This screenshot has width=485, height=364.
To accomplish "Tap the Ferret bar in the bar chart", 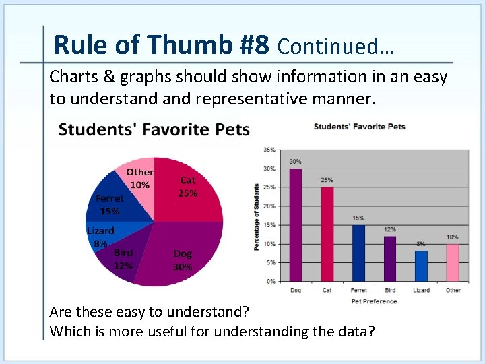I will [358, 253].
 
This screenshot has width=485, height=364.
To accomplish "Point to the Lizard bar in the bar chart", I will [421, 266].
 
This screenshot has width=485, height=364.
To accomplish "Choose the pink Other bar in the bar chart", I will [453, 262].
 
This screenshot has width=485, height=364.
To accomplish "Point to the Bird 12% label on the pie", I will [123, 259].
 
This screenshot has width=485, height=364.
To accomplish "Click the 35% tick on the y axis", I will [269, 150].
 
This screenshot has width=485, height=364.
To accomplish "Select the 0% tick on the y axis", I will [270, 281].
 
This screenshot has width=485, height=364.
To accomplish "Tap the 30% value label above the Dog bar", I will [296, 162].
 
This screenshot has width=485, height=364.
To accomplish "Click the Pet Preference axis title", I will [374, 301].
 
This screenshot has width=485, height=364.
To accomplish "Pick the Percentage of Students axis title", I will [257, 217].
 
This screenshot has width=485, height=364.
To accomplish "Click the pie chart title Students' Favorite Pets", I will [154, 129].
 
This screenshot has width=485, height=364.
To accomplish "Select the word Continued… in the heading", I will [335, 47].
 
